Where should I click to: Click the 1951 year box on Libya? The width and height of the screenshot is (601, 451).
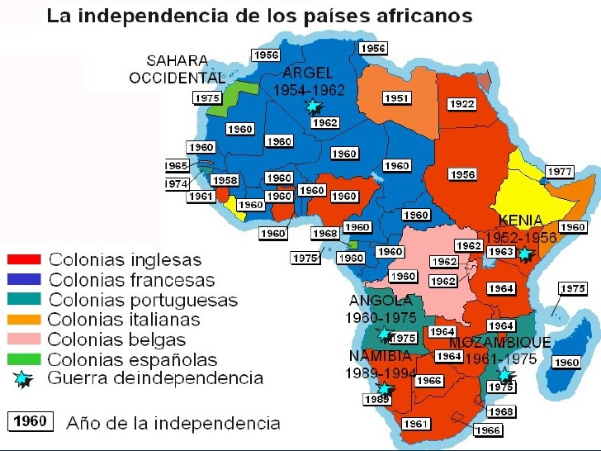coord(397,98)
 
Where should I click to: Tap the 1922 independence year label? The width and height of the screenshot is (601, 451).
coord(461,104)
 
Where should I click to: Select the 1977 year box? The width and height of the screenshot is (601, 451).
coord(560,172)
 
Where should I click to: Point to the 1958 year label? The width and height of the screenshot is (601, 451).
coord(225,180)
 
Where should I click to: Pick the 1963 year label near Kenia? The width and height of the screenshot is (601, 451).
coord(499,252)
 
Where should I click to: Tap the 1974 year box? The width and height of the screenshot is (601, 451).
coord(177,184)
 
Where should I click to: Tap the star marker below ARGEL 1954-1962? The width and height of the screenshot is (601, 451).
coord(312,106)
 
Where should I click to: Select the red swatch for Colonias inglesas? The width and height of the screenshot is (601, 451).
coord(25,259)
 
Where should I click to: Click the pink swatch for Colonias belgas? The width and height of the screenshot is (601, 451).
coord(25,339)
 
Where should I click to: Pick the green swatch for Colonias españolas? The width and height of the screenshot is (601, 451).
coord(25,359)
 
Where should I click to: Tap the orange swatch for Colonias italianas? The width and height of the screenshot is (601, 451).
coord(25,319)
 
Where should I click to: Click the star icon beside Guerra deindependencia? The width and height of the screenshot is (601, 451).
coord(25,379)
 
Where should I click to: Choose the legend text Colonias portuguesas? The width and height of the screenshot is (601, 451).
coord(143,300)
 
